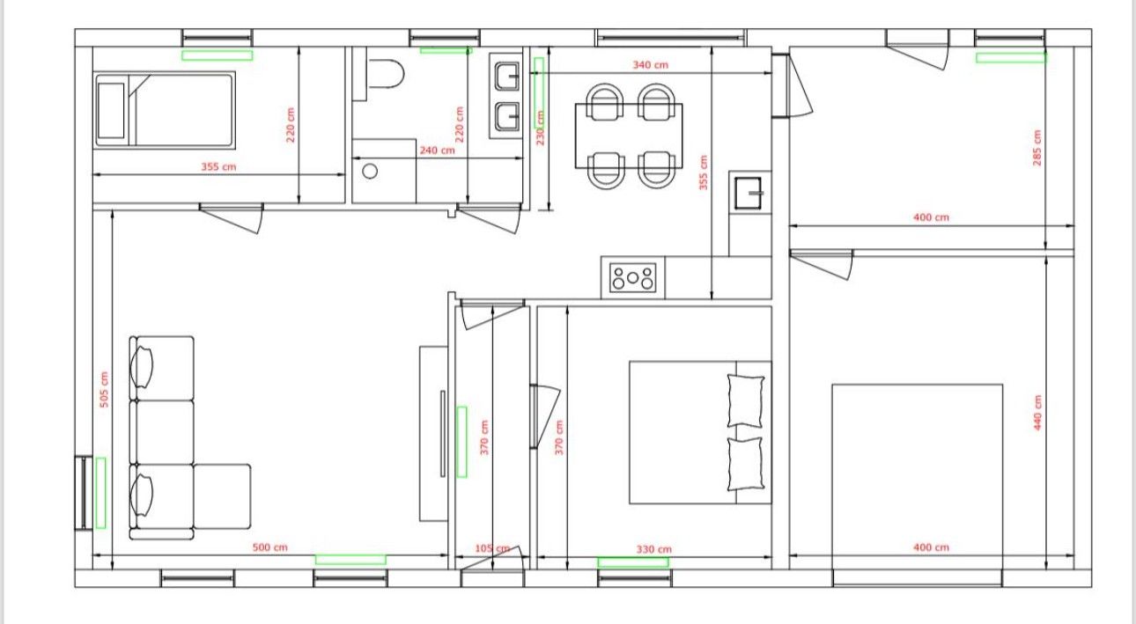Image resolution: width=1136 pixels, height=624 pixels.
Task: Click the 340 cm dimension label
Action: [650, 65]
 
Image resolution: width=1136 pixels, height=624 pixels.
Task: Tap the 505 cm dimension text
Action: [104, 389]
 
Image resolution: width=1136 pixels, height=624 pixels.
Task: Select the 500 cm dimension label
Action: [269, 547]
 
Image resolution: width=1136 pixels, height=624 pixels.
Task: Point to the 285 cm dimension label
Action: [1037, 148]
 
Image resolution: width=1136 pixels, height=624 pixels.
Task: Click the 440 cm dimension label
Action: [1037, 413]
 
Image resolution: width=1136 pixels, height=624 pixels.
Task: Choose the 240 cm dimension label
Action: [437, 150]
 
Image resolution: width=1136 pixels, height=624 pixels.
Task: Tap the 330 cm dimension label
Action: [654, 549]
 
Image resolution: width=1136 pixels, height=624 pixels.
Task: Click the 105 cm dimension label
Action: [492, 548]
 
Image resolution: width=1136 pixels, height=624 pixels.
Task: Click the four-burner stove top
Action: [632, 278]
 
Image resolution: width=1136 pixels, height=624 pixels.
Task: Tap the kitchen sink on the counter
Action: [749, 193]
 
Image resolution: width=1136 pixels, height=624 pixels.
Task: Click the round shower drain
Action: [370, 172]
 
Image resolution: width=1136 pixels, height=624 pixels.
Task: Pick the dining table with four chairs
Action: [629, 136]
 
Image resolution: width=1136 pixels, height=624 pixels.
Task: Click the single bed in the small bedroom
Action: [165, 110]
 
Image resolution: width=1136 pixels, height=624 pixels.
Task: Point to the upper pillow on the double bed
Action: [746, 401]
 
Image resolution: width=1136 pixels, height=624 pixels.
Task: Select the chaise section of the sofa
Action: [222, 496]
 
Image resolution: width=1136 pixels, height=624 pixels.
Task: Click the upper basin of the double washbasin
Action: [507, 76]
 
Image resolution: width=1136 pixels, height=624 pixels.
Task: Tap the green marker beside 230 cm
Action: [539, 92]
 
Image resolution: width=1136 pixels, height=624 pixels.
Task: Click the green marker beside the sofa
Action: [101, 493]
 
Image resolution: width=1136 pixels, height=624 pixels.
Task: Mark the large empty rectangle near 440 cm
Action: [917, 484]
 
